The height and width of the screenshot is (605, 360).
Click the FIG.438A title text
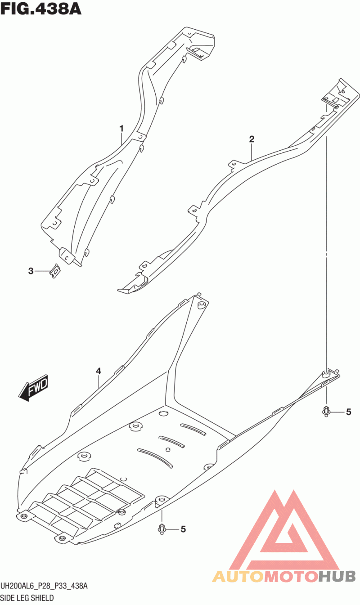click(41, 8)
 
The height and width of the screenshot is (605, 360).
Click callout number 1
click(121, 129)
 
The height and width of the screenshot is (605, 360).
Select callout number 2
click(252, 139)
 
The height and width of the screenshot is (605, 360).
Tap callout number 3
click(31, 271)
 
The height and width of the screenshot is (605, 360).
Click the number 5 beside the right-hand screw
click(348, 412)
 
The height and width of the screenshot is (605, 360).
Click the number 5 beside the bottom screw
click(183, 529)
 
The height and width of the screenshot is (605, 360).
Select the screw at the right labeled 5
click(326, 411)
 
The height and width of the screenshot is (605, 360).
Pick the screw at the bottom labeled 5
click(162, 529)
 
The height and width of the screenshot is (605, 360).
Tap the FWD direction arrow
click(34, 386)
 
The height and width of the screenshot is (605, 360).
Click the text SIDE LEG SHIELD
click(27, 598)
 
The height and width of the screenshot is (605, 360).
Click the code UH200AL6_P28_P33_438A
click(44, 586)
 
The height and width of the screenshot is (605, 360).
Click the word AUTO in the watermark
click(237, 576)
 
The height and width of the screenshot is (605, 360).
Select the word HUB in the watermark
click(337, 576)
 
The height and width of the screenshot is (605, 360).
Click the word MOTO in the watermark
click(290, 576)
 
